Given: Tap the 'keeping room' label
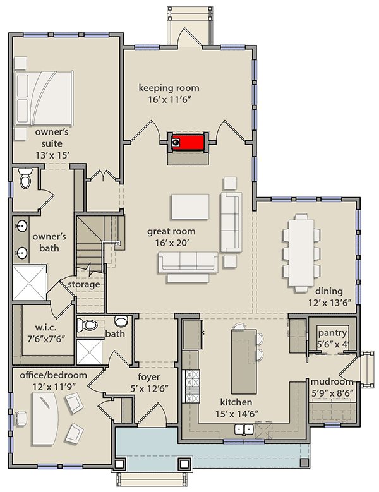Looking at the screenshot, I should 169,87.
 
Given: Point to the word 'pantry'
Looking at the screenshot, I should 331,332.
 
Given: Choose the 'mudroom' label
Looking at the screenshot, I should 331,382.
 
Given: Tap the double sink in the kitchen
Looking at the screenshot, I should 245,430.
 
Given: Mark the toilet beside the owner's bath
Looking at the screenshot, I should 25,180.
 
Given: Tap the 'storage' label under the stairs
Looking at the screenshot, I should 84,284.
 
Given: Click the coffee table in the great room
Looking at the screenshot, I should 189,205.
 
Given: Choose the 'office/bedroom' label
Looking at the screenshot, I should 52,375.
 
